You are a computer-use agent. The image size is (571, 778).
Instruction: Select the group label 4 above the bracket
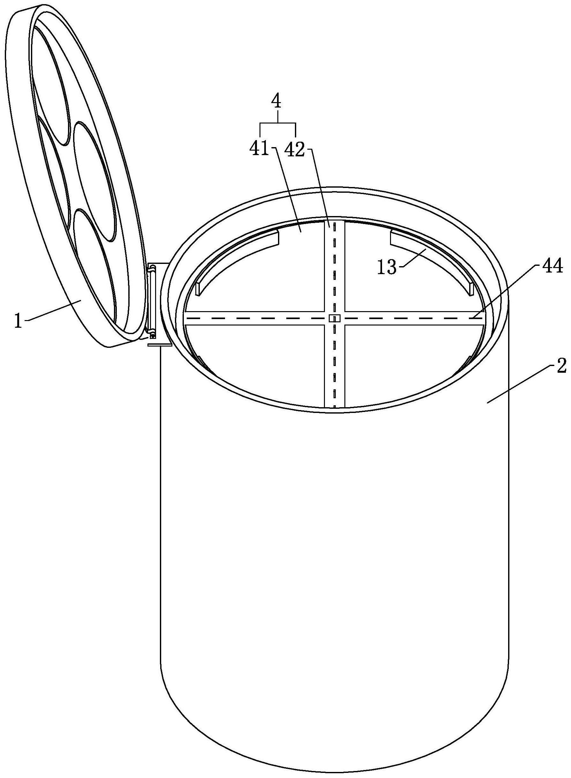276,102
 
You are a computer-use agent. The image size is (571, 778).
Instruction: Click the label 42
295,150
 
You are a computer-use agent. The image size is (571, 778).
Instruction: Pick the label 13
387,268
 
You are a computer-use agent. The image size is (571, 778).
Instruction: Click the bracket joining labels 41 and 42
278,123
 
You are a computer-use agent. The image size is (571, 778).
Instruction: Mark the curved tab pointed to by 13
432,256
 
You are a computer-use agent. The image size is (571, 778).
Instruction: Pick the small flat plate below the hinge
160,345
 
